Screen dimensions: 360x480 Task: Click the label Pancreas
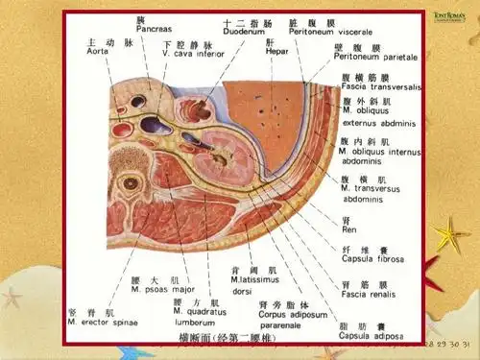(x=154, y=30)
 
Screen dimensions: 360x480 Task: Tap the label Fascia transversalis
(x=381, y=87)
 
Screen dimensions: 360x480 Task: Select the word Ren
(x=349, y=230)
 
